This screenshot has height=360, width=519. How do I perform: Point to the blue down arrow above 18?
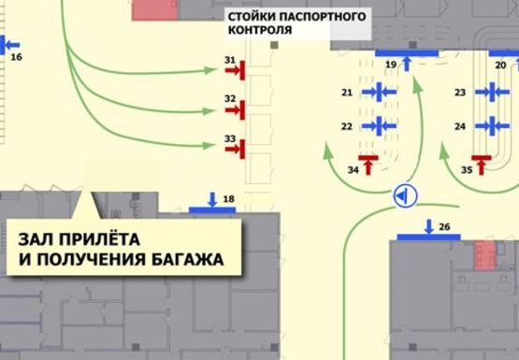[x=212, y=198]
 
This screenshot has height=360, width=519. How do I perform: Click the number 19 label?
[x=392, y=65]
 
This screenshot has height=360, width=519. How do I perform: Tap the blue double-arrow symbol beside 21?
[x=379, y=92]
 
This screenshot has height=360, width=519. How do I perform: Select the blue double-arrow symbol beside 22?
[x=379, y=124]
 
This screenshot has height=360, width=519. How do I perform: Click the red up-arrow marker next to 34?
[x=368, y=165]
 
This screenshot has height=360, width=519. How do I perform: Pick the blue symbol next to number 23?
[x=490, y=93]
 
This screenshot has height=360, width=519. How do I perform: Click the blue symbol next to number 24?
[x=490, y=124]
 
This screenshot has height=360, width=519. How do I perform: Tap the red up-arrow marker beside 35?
[x=482, y=165]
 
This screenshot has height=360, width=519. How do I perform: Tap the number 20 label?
[x=500, y=65]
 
